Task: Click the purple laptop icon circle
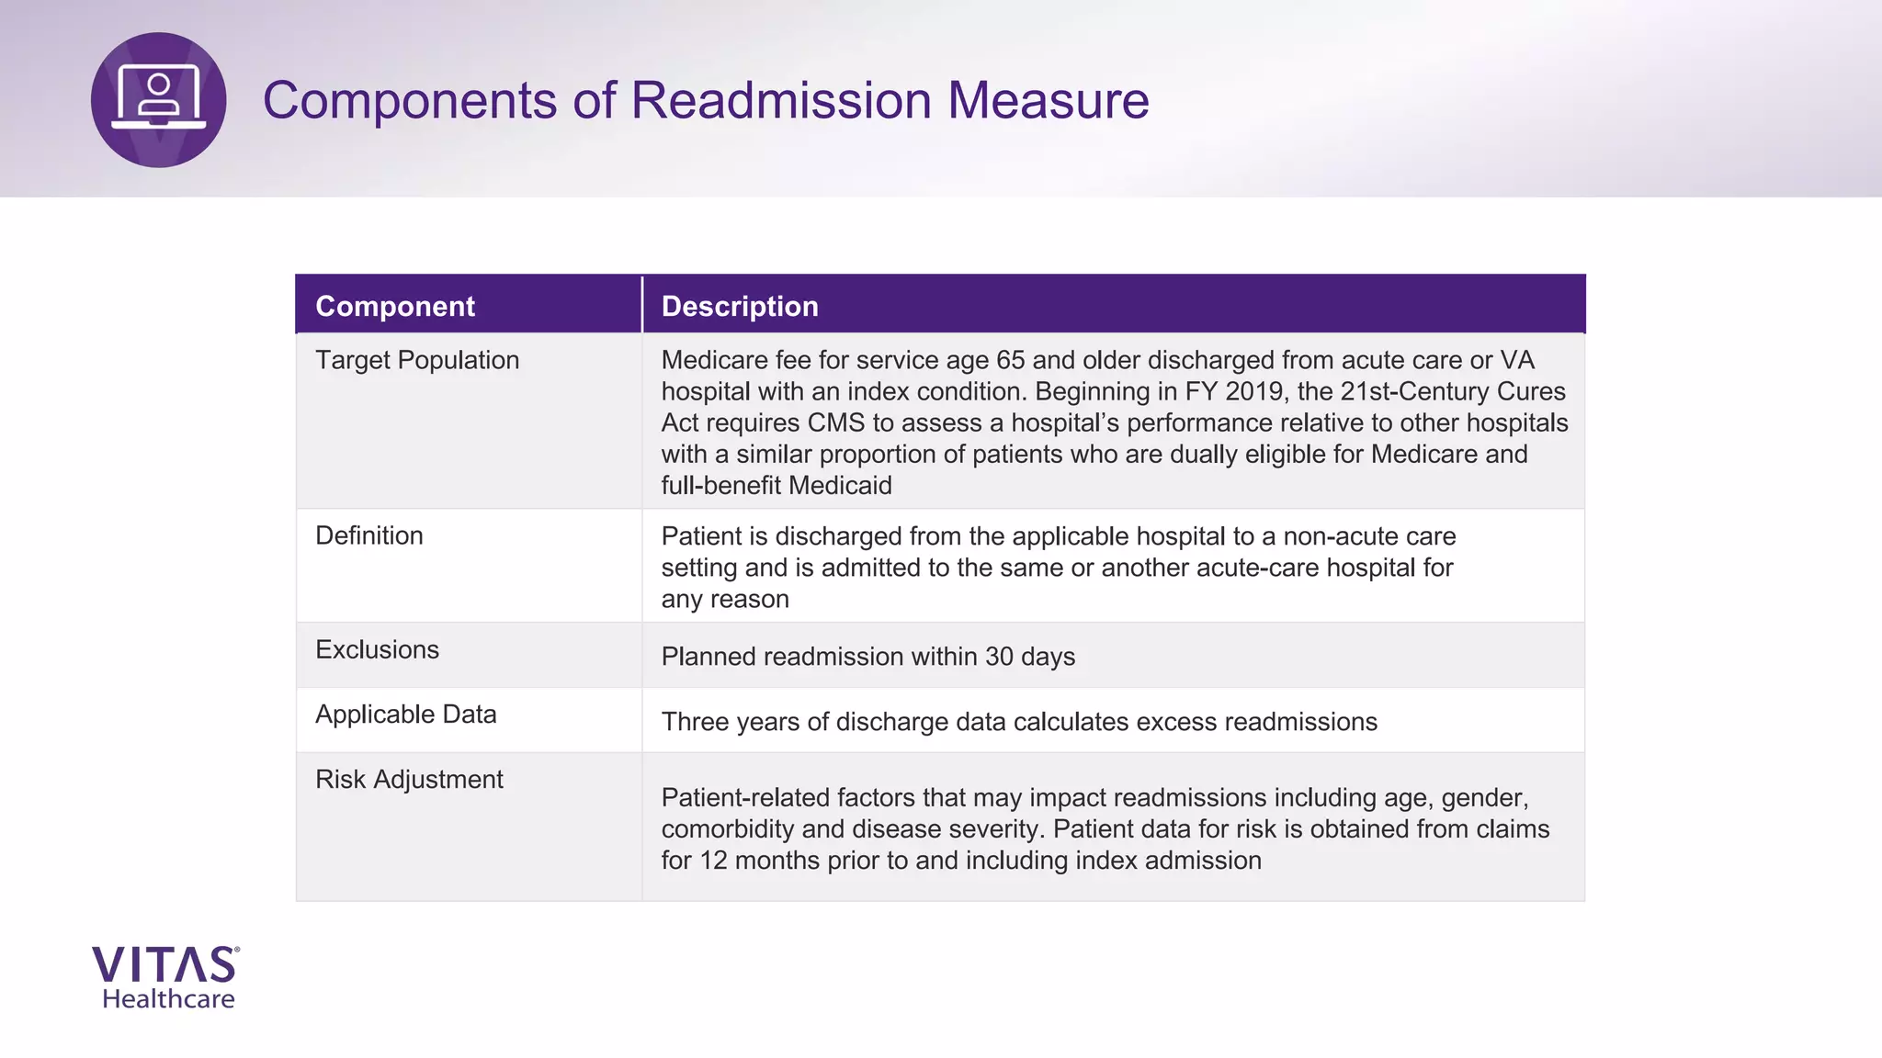pos(158,100)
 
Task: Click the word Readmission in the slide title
pos(781,100)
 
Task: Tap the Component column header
pos(395,306)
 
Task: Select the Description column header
pos(740,306)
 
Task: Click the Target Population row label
pos(417,360)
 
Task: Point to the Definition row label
pos(369,535)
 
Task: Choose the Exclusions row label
pos(377,649)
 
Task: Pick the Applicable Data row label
pos(405,715)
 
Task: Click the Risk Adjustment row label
pos(409,780)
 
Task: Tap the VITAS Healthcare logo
pos(166,977)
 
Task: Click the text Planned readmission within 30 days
pos(867,657)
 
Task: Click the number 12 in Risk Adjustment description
pos(713,861)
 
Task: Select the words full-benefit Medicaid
pos(776,486)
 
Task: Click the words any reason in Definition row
pos(724,600)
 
